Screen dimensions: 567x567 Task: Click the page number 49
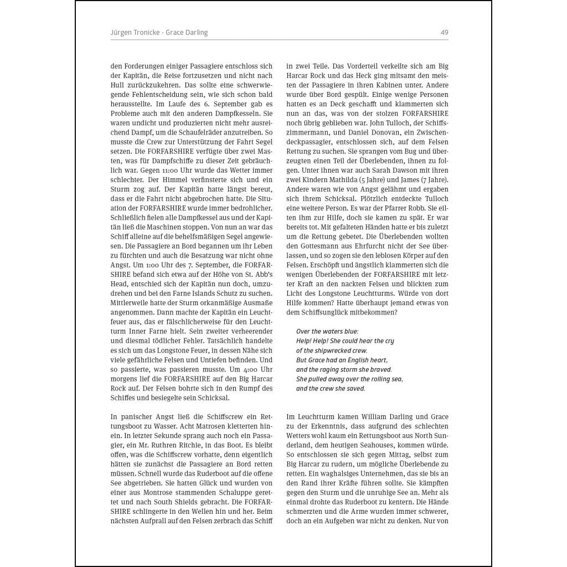[x=444, y=33]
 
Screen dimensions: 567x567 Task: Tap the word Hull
[x=119, y=85]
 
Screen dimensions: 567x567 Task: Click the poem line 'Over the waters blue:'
[x=327, y=332]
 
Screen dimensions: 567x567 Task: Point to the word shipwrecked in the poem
[x=329, y=350]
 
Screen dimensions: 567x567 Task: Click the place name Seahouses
[x=394, y=445]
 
